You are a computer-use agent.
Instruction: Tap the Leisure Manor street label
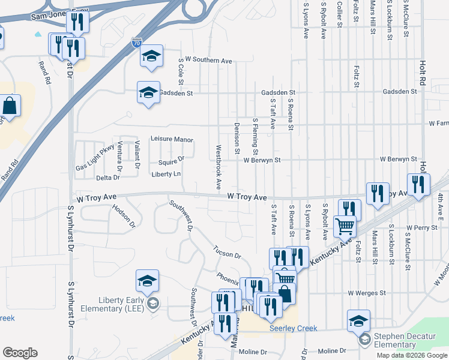click(x=172, y=139)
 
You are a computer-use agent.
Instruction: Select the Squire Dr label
click(x=171, y=161)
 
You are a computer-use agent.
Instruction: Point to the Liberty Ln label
click(x=166, y=174)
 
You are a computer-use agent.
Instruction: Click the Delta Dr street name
click(x=108, y=178)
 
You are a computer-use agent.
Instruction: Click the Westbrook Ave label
click(x=218, y=167)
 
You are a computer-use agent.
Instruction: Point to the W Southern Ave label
click(x=208, y=60)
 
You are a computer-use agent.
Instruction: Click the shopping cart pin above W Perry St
click(x=345, y=226)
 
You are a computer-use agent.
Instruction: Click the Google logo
click(x=20, y=352)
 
